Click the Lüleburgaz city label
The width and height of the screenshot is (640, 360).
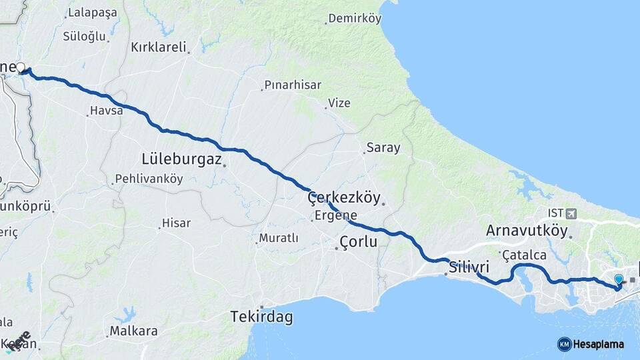tap(181, 159)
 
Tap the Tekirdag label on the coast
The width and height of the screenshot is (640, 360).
tap(261, 317)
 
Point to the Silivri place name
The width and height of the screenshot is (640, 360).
tap(469, 267)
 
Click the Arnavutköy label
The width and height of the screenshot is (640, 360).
tap(527, 231)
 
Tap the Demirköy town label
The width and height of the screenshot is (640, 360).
tap(354, 19)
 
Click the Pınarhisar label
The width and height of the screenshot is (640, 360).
tap(293, 85)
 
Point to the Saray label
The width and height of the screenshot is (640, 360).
tap(383, 148)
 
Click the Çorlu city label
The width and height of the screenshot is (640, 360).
tap(358, 242)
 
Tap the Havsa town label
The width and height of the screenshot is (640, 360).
tap(107, 111)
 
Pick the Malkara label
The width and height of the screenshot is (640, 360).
tap(133, 331)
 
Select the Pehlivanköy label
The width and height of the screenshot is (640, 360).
tap(149, 179)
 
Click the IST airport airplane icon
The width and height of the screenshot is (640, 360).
tap(571, 213)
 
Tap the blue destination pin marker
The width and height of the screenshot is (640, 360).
tap(619, 281)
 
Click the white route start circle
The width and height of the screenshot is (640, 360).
tap(21, 67)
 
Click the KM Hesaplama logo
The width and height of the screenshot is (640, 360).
tap(591, 344)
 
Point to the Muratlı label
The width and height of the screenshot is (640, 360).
tap(278, 238)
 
